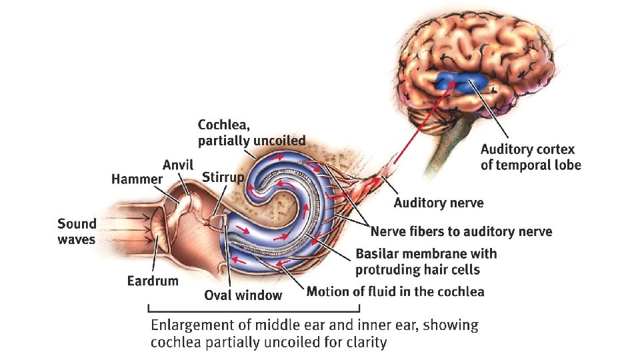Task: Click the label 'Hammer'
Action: (136, 179)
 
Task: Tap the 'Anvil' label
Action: (177, 165)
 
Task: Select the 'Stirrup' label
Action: (223, 176)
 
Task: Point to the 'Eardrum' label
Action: (153, 280)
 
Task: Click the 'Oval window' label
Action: (243, 295)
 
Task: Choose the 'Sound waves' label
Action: (77, 231)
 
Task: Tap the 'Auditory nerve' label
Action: (438, 202)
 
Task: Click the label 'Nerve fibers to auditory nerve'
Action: (461, 231)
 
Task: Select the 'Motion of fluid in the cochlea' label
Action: (395, 291)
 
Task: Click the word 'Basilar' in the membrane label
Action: (377, 254)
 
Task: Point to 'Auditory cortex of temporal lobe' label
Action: (531, 157)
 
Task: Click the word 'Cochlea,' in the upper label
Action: (225, 125)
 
